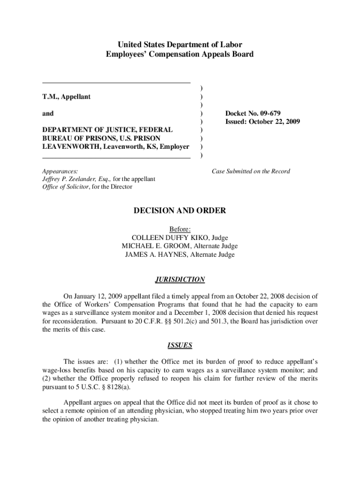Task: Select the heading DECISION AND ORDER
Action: pos(180,211)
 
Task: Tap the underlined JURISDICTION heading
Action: pos(180,280)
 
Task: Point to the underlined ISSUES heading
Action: pos(180,346)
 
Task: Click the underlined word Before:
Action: pos(180,229)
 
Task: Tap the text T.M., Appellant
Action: pos(66,97)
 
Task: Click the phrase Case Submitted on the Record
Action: pos(251,171)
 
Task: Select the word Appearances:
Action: pos(60,171)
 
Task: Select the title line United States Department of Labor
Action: pos(180,45)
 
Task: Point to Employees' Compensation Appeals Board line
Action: pos(180,54)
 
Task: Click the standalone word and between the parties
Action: pos(48,113)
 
